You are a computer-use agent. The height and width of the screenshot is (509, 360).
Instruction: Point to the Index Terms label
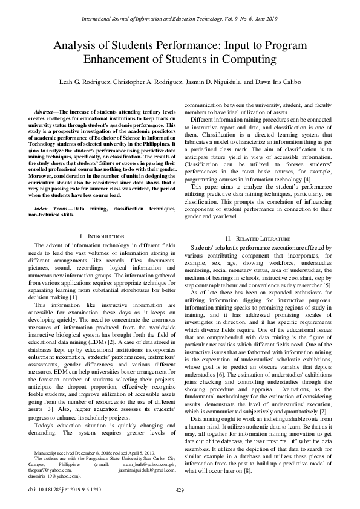pyautogui.click(x=50, y=207)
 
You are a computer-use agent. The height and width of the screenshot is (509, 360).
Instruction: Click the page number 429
pyautogui.click(x=180, y=490)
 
